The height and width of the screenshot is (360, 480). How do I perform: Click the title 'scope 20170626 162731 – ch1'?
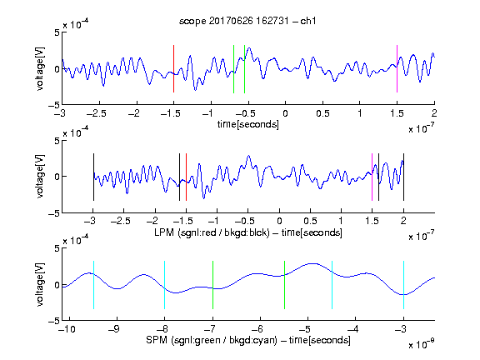pyautogui.click(x=247, y=21)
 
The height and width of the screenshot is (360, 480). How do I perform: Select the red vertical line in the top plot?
pyautogui.click(x=174, y=68)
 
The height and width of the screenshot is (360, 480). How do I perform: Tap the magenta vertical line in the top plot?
pyautogui.click(x=397, y=68)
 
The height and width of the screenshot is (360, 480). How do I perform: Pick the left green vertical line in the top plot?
pyautogui.click(x=233, y=69)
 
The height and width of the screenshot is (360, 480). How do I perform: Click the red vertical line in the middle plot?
pyautogui.click(x=186, y=177)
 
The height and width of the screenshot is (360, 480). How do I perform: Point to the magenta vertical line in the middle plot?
pyautogui.click(x=372, y=177)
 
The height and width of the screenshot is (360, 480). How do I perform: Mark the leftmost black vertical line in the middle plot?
pyautogui.click(x=93, y=177)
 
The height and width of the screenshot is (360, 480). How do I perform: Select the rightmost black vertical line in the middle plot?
pyautogui.click(x=404, y=177)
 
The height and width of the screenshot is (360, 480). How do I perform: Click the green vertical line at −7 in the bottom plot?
pyautogui.click(x=212, y=285)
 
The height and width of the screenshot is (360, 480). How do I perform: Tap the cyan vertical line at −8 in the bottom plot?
pyautogui.click(x=164, y=285)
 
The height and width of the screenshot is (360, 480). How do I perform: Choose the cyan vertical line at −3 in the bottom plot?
pyautogui.click(x=404, y=285)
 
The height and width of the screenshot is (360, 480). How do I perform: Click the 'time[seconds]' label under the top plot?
pyautogui.click(x=248, y=124)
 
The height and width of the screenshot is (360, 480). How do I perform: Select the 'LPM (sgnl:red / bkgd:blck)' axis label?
pyautogui.click(x=212, y=232)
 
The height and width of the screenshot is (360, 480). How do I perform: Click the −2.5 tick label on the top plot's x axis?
pyautogui.click(x=96, y=113)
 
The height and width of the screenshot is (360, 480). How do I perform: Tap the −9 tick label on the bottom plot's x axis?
pyautogui.click(x=114, y=329)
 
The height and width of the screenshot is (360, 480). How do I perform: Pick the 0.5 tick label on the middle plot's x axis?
pyautogui.click(x=310, y=221)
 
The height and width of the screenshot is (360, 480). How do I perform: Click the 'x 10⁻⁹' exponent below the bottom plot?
pyautogui.click(x=422, y=344)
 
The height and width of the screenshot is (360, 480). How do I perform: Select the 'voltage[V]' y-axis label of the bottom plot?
pyautogui.click(x=40, y=285)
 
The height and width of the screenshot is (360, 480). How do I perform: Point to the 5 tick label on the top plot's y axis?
pyautogui.click(x=57, y=32)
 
